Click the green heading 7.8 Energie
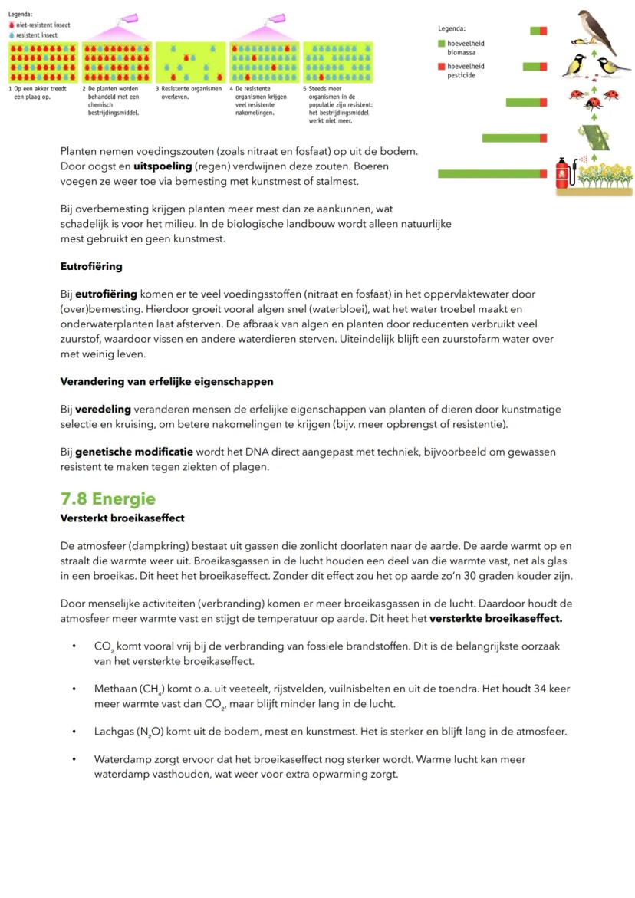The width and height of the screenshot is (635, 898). (x=107, y=499)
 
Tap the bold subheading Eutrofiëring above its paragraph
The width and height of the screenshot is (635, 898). (x=91, y=267)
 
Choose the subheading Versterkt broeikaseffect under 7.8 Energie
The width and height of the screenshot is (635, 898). (x=122, y=518)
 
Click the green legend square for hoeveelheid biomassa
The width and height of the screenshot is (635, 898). (x=442, y=44)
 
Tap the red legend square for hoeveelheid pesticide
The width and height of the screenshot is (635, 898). (x=442, y=66)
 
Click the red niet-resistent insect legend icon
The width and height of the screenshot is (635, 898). (x=12, y=25)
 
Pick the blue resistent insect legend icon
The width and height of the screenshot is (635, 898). (x=12, y=34)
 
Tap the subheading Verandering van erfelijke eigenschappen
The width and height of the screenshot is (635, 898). (x=166, y=381)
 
